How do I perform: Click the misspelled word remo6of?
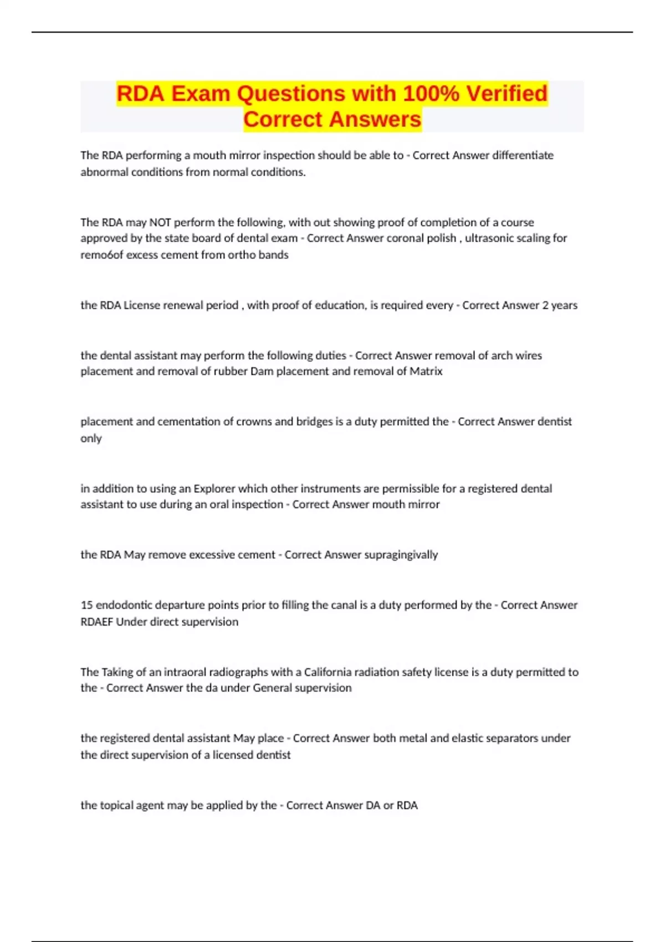102,255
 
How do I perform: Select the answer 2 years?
560,305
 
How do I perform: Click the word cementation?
188,422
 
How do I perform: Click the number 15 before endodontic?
86,605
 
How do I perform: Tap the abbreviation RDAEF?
96,622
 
